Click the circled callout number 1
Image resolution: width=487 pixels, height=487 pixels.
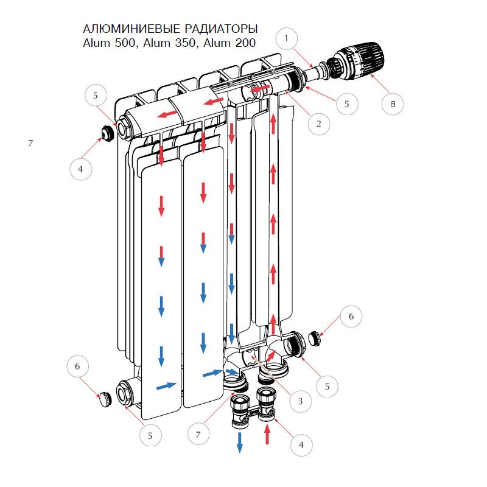click(286, 38)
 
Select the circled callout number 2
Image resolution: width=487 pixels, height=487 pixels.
click(318, 124)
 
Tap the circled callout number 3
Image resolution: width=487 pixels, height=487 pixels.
click(300, 401)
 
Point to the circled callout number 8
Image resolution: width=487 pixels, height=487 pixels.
click(393, 104)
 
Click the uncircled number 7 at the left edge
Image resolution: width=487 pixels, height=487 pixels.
click(30, 143)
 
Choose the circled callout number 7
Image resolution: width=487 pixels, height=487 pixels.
click(198, 434)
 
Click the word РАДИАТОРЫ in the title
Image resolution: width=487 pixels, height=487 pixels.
click(221, 29)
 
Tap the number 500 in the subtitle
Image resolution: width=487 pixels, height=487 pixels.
click(125, 43)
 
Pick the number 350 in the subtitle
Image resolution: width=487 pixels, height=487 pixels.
click(186, 43)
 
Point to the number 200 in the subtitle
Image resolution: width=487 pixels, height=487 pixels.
click(245, 43)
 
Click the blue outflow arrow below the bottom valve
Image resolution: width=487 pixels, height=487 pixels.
click(240, 443)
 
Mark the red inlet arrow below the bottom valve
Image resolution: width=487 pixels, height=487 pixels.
click(267, 434)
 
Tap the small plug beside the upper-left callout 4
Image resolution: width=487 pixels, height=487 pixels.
click(107, 133)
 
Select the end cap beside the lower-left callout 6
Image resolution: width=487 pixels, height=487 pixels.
click(105, 399)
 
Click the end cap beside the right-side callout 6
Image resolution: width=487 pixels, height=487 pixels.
click(315, 338)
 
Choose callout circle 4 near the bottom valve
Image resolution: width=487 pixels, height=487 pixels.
click(301, 445)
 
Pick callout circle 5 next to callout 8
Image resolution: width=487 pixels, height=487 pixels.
click(347, 103)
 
